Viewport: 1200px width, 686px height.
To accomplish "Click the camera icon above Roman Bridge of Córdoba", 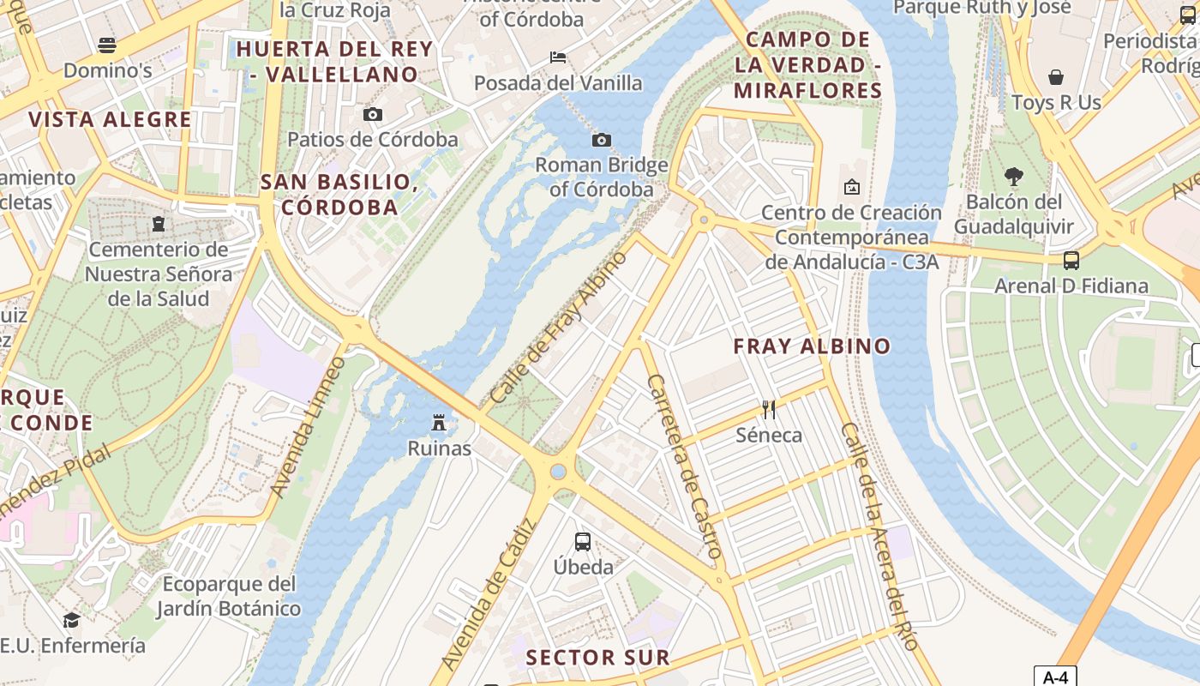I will click(x=602, y=140).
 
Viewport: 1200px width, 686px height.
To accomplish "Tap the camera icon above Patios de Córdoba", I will click(x=372, y=114).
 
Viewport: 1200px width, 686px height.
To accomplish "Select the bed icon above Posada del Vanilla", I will click(x=558, y=57).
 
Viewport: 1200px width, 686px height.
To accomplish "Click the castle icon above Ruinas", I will click(x=439, y=422).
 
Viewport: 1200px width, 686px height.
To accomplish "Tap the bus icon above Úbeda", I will click(x=583, y=541).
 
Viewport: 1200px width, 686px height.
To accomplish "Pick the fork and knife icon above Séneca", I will click(x=769, y=409).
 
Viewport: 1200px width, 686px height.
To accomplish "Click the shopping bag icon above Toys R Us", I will click(x=1056, y=77).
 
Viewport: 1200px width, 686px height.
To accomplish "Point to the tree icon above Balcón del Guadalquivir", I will click(x=1013, y=177).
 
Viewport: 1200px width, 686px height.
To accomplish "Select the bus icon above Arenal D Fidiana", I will click(x=1071, y=260).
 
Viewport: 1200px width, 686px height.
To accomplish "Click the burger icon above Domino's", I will click(x=107, y=45).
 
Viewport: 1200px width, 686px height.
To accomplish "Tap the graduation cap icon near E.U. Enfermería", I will click(x=72, y=619).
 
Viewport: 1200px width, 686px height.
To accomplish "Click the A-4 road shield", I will click(x=1054, y=677).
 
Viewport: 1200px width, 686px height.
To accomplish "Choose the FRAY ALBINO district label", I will click(x=812, y=346).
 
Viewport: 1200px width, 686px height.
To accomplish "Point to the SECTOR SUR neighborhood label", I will click(x=597, y=658).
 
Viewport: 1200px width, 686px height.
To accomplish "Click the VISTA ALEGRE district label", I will click(x=111, y=119).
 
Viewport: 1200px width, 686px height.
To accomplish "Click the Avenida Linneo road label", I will click(x=308, y=426).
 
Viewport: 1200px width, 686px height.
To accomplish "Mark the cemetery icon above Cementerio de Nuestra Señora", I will click(x=159, y=224).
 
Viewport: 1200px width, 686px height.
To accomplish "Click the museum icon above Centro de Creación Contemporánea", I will click(x=852, y=186).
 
